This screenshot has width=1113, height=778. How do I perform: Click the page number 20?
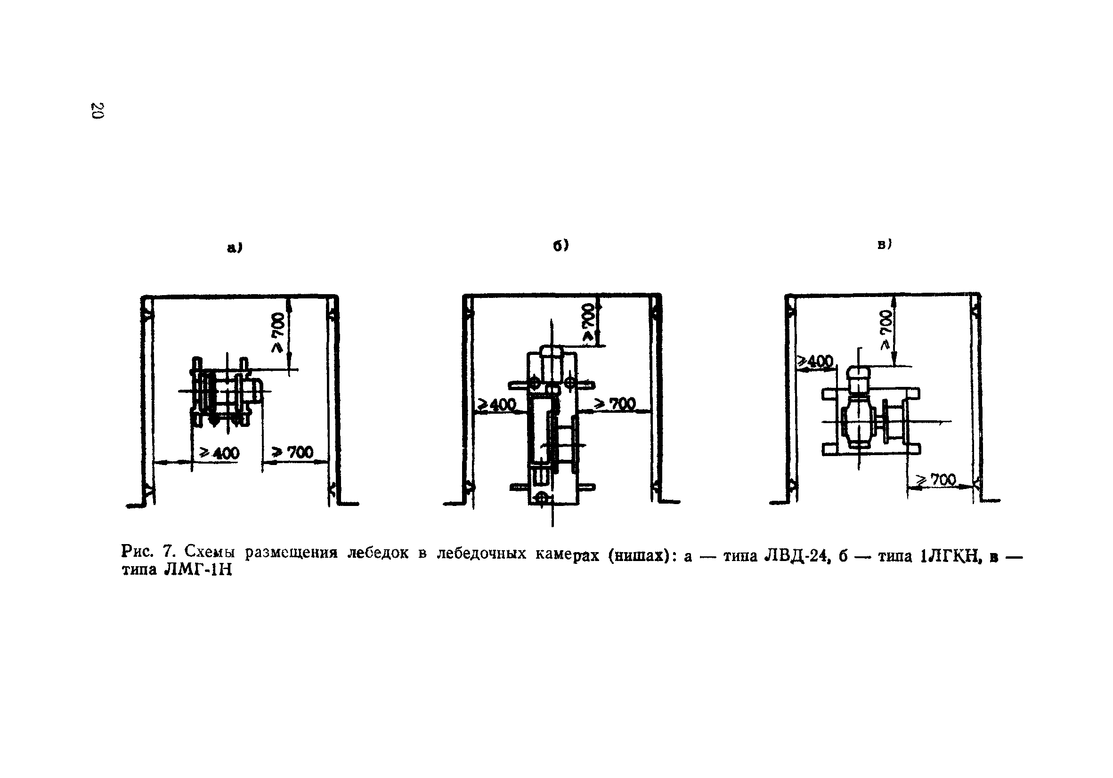pos(97,111)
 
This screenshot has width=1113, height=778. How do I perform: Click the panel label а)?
pos(235,248)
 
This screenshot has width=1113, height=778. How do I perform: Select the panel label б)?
pos(561,246)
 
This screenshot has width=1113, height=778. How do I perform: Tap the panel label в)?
pos(884,245)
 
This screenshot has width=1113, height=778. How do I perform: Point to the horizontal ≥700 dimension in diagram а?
pos(293,452)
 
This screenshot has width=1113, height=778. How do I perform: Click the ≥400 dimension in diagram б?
pos(497,404)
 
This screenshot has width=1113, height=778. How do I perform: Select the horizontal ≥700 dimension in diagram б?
pos(615,404)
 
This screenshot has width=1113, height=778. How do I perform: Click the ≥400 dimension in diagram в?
pos(816,361)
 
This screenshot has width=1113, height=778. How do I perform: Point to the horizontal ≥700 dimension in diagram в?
pos(935,480)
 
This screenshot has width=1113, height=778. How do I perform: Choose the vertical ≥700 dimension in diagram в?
pos(885,329)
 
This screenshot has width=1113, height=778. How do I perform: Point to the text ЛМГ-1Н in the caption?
pos(199,570)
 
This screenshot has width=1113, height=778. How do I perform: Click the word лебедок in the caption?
pos(378,553)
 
